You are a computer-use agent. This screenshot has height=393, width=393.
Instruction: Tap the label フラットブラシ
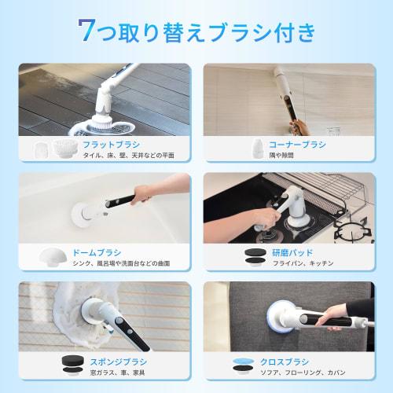pyautogui.click(x=116, y=144)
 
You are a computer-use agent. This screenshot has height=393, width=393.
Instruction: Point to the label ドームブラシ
pyautogui.click(x=97, y=253)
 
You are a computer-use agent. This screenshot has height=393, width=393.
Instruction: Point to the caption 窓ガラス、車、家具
pyautogui.click(x=110, y=373)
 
